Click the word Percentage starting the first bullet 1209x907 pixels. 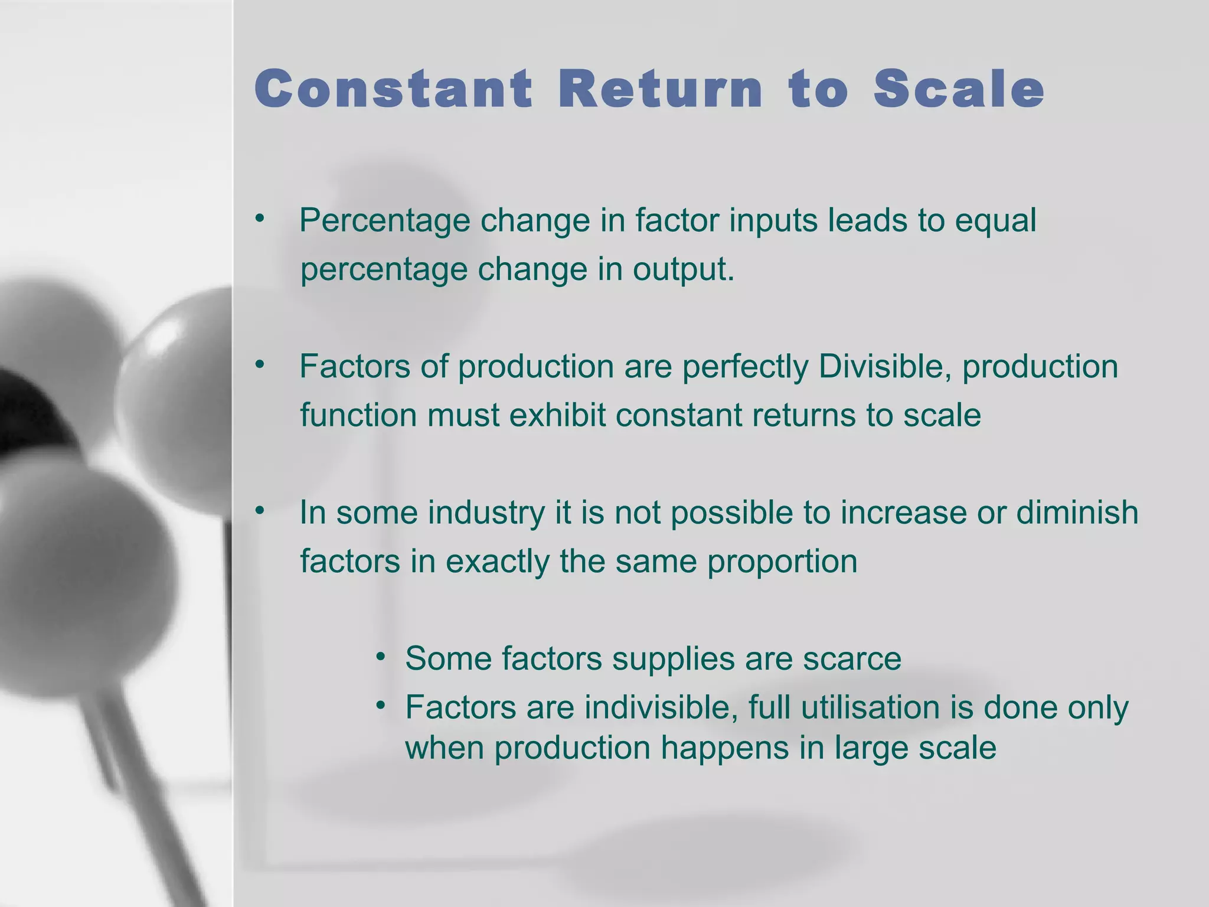point(384,221)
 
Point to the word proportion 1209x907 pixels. point(782,561)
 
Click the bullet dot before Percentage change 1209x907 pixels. point(260,218)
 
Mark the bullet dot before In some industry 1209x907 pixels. point(260,510)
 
